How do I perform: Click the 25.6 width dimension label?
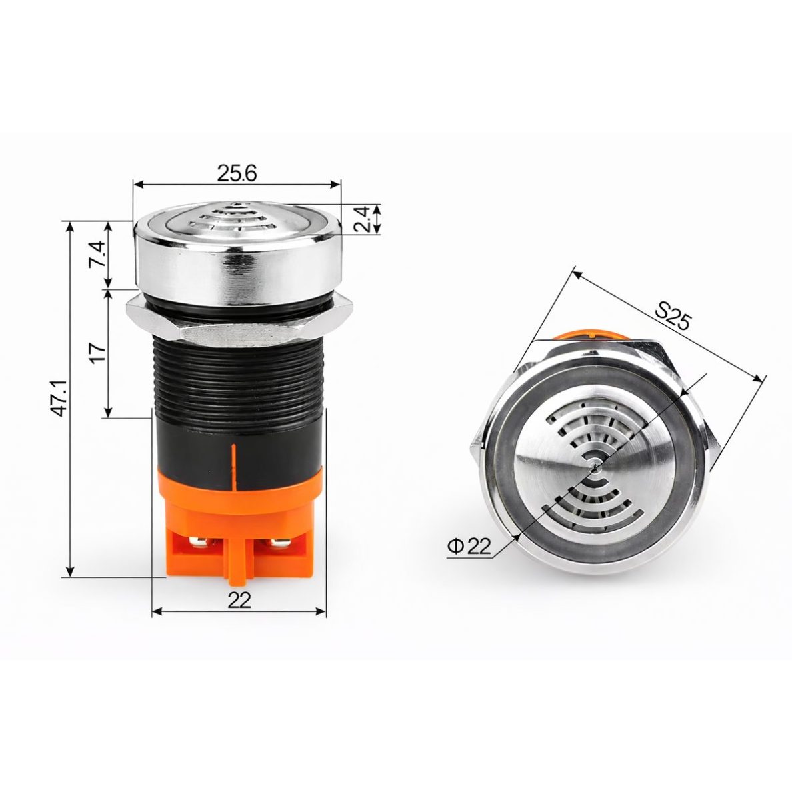[237, 173]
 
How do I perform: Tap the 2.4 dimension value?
[363, 219]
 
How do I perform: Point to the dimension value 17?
[99, 349]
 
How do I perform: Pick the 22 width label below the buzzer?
[239, 600]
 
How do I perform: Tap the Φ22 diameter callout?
[469, 546]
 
